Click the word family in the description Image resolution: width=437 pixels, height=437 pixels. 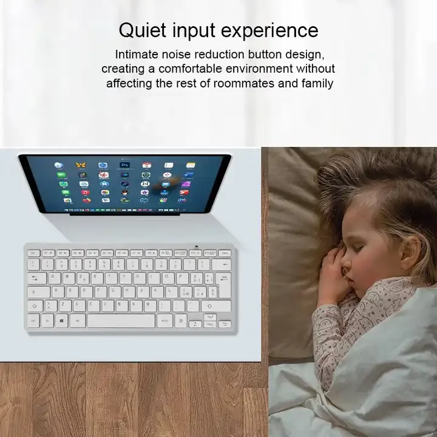317,83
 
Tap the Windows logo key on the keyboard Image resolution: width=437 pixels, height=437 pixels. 62,320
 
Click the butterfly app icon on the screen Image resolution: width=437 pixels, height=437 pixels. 80,165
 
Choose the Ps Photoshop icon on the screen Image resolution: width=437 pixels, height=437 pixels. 124,165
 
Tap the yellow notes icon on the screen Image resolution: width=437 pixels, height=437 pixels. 191,165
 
